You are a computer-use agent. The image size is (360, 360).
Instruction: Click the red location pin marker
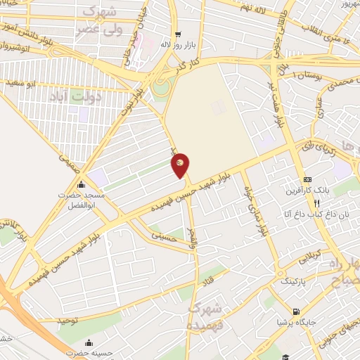click(181, 164)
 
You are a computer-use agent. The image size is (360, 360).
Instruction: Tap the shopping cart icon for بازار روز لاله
click(178, 33)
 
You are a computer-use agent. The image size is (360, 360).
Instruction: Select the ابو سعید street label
click(22, 83)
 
